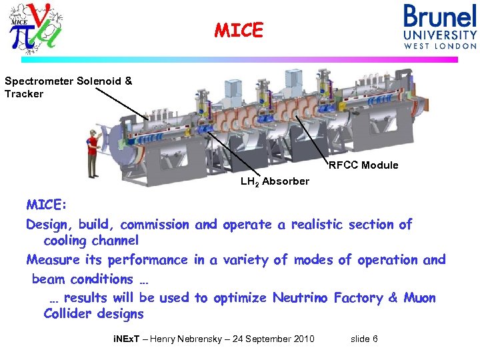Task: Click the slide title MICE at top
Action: (x=239, y=31)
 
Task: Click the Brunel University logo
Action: (x=439, y=27)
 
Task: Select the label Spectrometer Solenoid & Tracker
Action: (x=68, y=87)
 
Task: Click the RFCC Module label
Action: (x=363, y=165)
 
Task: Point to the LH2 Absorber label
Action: (x=275, y=181)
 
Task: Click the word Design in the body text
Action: (x=47, y=225)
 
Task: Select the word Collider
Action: (x=67, y=313)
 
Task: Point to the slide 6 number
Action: (x=364, y=339)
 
